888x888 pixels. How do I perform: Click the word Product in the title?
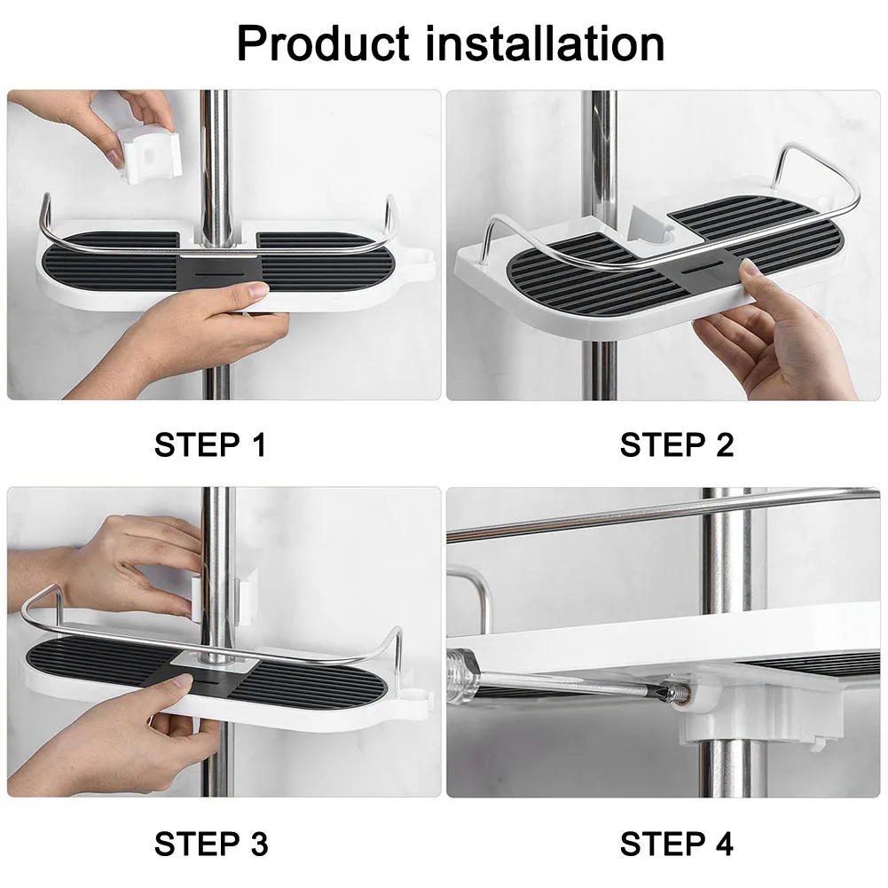(323, 43)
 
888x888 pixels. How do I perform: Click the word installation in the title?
(544, 43)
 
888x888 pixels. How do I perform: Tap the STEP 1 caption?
(210, 444)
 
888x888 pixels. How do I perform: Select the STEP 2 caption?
(677, 444)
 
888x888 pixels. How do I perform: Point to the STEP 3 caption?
(210, 844)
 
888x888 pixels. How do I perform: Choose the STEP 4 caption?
(677, 844)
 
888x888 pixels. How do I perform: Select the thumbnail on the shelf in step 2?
(750, 268)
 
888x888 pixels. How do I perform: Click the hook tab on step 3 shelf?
(419, 700)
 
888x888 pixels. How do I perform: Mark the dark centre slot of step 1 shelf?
(219, 271)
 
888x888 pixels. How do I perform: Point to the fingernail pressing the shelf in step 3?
(184, 681)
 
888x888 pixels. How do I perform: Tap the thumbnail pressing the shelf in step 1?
(257, 291)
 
